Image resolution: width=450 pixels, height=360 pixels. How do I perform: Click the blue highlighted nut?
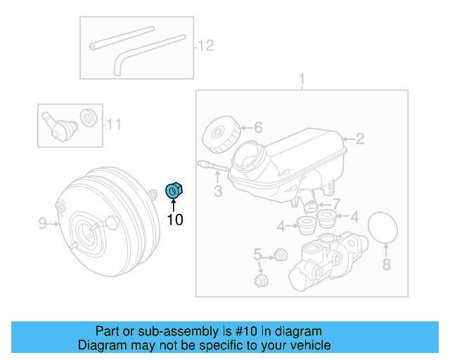[x=173, y=190]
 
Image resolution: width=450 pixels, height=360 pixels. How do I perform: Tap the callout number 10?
[x=174, y=220]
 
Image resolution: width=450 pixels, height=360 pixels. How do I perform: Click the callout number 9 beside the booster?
[x=42, y=224]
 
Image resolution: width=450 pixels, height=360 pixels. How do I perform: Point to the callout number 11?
[x=114, y=125]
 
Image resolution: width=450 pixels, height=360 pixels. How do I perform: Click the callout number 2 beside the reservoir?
[x=359, y=139]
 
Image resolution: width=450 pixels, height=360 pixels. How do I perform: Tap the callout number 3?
[x=218, y=191]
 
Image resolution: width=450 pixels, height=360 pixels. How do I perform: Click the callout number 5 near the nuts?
[x=257, y=254]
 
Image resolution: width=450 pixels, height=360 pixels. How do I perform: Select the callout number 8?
[x=385, y=265]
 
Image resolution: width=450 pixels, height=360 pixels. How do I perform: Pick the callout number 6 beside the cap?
[x=257, y=127]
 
